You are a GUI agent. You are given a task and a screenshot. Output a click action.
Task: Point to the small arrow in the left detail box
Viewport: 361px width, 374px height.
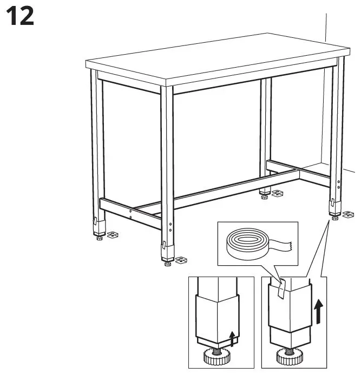coord(232,338)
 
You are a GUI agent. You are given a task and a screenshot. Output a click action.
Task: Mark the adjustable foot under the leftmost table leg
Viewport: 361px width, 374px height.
coord(99,237)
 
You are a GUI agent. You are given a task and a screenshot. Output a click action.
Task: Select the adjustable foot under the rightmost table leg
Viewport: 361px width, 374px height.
coord(336,219)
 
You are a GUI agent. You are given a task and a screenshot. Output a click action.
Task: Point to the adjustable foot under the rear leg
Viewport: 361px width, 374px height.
coord(264,196)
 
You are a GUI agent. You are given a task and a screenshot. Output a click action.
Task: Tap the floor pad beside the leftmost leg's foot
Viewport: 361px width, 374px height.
coord(112,235)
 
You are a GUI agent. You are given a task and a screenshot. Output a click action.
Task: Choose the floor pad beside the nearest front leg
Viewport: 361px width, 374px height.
coord(181,260)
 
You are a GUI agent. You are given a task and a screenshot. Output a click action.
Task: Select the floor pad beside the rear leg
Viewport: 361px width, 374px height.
coord(277,193)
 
